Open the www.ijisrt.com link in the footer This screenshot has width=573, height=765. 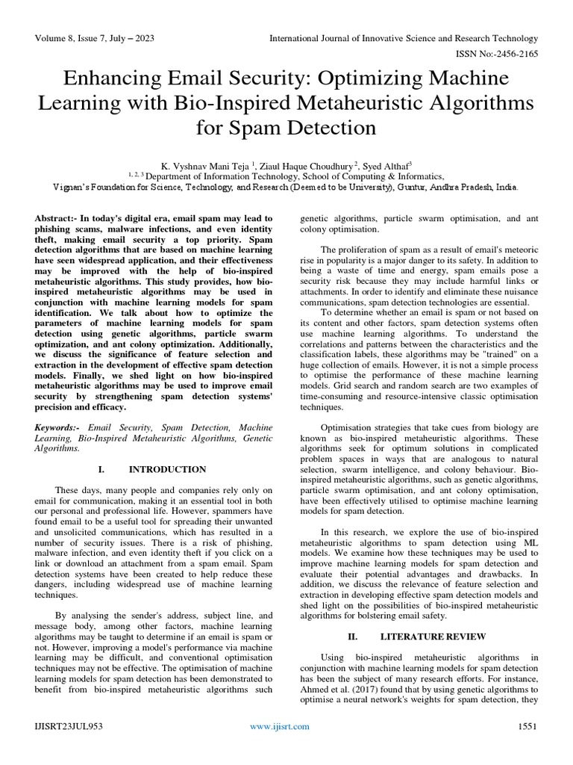(280, 746)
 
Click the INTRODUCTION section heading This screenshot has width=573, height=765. (167, 469)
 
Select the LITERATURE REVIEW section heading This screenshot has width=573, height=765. (423, 637)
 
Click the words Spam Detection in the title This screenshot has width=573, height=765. (286, 127)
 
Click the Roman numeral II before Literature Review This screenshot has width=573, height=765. (354, 637)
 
